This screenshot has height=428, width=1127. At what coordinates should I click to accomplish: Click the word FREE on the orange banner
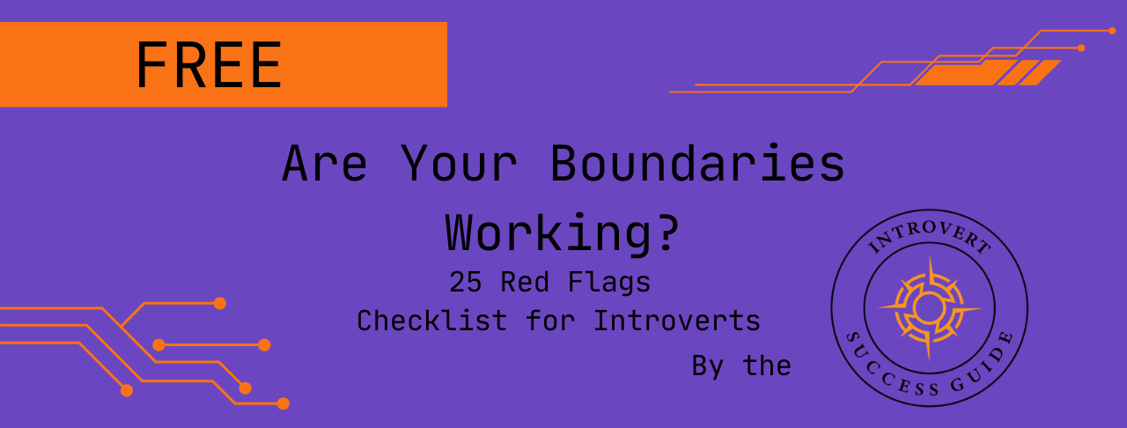209,65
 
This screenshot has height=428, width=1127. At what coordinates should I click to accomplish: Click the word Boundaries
697,164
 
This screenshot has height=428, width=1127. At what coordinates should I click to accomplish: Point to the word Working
549,232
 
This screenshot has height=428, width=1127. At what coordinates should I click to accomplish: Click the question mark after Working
667,232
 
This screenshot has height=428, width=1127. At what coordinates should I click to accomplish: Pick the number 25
465,282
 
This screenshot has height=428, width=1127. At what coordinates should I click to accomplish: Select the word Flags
616,282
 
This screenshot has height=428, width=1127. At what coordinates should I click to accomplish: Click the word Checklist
431,321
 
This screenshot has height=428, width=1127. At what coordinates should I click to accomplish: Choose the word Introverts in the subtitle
676,321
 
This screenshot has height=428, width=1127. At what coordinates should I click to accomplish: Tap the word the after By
768,365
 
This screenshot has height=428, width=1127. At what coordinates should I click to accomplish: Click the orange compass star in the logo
930,308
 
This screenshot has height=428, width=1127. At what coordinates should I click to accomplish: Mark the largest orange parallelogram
954,72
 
